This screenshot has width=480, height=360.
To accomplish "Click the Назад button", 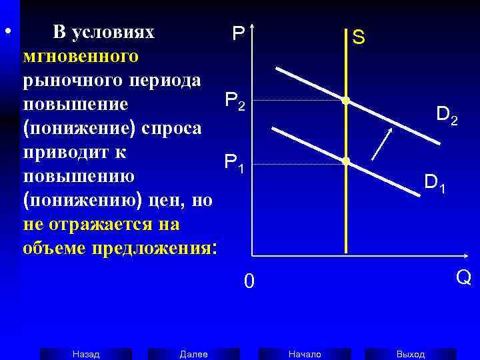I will (85, 354).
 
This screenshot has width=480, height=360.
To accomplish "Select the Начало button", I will (305, 354).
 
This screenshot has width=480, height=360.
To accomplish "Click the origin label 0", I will (248, 283).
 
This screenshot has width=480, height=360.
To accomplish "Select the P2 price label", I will (235, 101).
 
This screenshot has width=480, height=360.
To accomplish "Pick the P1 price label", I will (235, 162).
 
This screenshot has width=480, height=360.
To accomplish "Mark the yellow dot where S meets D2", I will (345, 101).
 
